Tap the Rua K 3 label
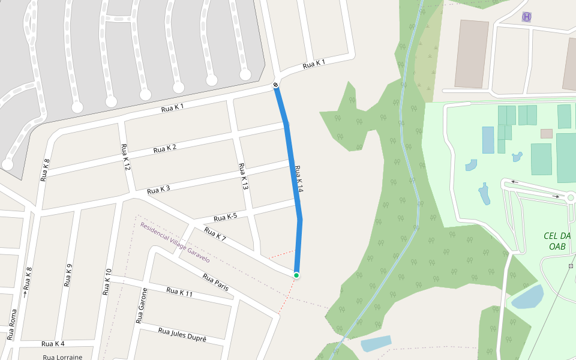158,190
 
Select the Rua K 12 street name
125,157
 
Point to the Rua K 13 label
244,177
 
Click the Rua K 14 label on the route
299,179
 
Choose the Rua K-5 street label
224,217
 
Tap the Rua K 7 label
215,235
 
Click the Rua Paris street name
215,283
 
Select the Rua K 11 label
180,292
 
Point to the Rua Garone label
143,305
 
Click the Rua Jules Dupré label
182,334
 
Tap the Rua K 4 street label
53,344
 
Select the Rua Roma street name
13,325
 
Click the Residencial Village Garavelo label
175,242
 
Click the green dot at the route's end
296,275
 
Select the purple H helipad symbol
527,17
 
